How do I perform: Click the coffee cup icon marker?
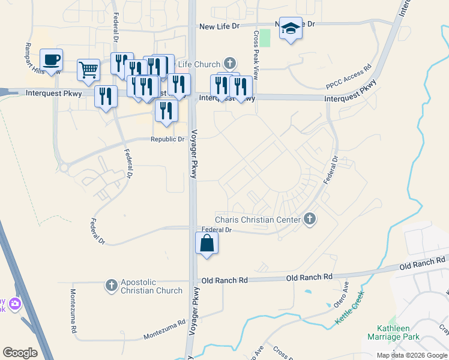pyautogui.click(x=51, y=60)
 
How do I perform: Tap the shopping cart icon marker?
pyautogui.click(x=88, y=70)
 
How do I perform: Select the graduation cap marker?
pyautogui.click(x=291, y=29)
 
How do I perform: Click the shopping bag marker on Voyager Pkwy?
pyautogui.click(x=206, y=244)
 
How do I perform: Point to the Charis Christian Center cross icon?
pyautogui.click(x=310, y=219)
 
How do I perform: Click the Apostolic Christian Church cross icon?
pyautogui.click(x=111, y=286)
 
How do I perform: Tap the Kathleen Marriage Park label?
pyautogui.click(x=394, y=332)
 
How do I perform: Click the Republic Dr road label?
pyautogui.click(x=167, y=139)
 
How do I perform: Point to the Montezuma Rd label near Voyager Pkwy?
pyautogui.click(x=164, y=330)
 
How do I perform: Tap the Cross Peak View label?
pyautogui.click(x=256, y=56)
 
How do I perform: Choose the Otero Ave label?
pyautogui.click(x=341, y=294)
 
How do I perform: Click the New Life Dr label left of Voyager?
pyautogui.click(x=219, y=26)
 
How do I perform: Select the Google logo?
pyautogui.click(x=20, y=353)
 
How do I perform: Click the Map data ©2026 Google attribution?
pyautogui.click(x=412, y=355)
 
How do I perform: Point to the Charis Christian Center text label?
pyautogui.click(x=258, y=220)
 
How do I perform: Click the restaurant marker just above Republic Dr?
pyautogui.click(x=166, y=110)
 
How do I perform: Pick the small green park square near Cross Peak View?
pyautogui.click(x=265, y=37)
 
